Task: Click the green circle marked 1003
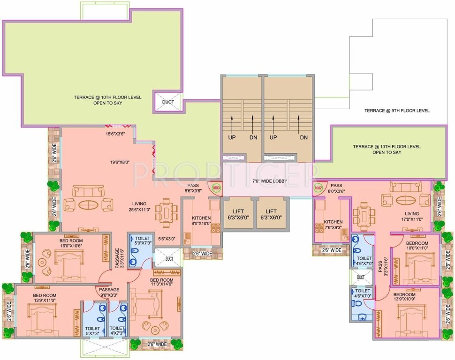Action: click(x=216, y=188)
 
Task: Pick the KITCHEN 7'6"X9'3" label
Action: click(x=333, y=225)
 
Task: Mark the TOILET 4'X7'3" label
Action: click(x=117, y=331)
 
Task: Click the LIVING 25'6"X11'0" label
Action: click(x=139, y=207)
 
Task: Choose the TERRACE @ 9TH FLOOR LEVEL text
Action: click(x=396, y=111)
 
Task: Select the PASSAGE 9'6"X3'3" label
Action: click(x=109, y=292)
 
